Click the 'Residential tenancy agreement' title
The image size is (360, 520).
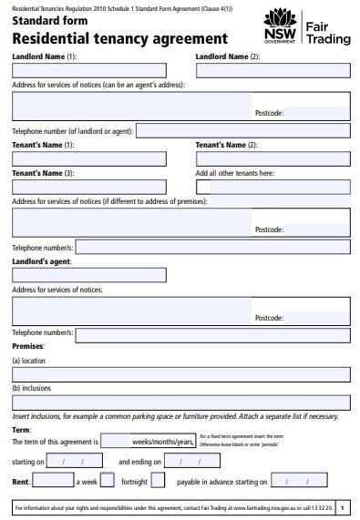pyautogui.click(x=119, y=39)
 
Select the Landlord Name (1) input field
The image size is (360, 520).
pyautogui.click(x=88, y=69)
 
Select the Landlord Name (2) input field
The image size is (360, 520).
pyautogui.click(x=273, y=69)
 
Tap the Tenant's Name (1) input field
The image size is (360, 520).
pyautogui.click(x=88, y=158)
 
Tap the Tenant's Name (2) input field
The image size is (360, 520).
pyautogui.click(x=273, y=158)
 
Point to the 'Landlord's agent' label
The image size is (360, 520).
pyautogui.click(x=41, y=261)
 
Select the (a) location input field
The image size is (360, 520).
pyautogui.click(x=180, y=374)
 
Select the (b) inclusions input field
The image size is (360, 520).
pyautogui.click(x=180, y=402)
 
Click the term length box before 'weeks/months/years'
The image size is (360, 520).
pyautogui.click(x=116, y=441)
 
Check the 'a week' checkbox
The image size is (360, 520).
pyautogui.click(x=107, y=481)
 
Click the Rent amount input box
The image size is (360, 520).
pyautogui.click(x=52, y=481)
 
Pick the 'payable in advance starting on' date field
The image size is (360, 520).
pyautogui.click(x=295, y=481)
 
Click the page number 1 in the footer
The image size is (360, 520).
pyautogui.click(x=341, y=506)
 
